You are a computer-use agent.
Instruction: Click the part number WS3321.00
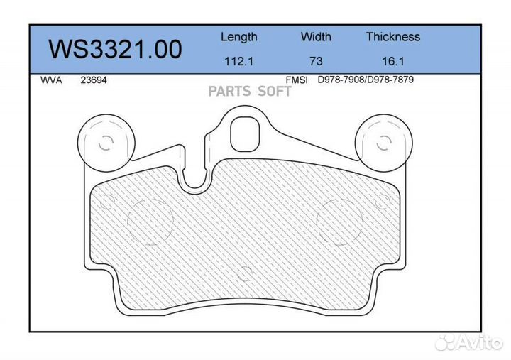point(116,49)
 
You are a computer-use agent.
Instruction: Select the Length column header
point(239,37)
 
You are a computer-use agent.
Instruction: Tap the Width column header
point(316,36)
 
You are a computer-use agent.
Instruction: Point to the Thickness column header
point(393,36)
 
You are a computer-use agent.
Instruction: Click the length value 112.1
point(239,61)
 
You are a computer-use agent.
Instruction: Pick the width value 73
point(316,61)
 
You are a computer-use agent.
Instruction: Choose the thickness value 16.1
point(393,61)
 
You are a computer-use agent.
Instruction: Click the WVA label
point(51,80)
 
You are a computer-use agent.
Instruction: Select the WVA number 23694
point(94,80)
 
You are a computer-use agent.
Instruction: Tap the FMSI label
point(297,80)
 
